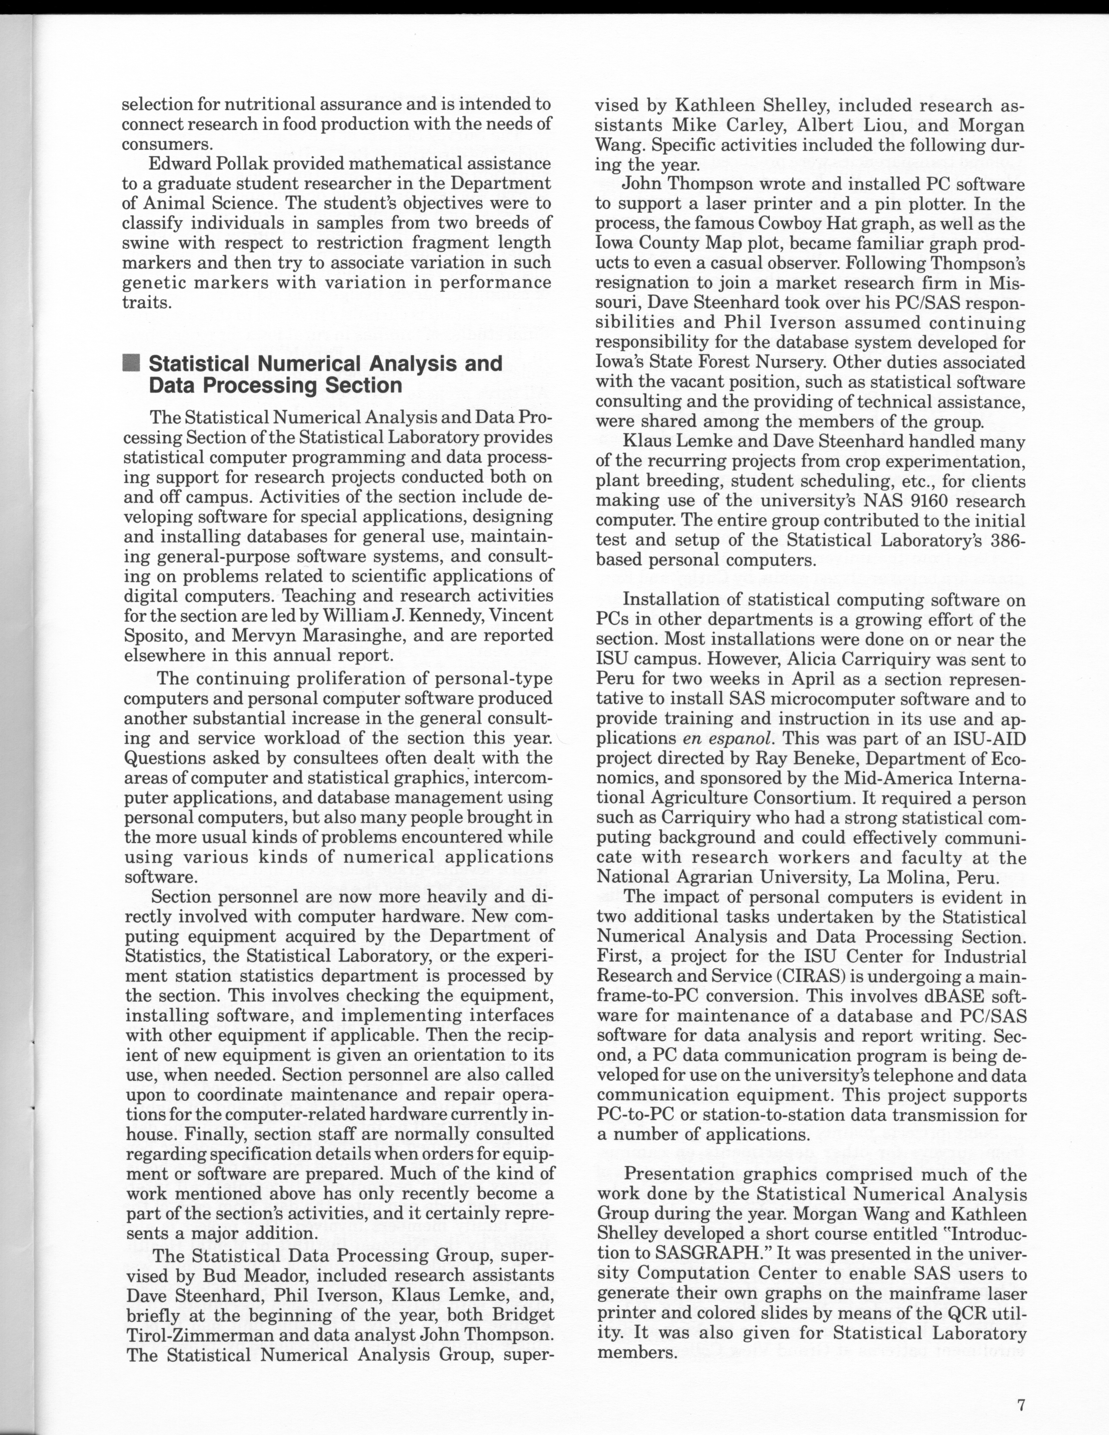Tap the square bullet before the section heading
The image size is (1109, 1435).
131,363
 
